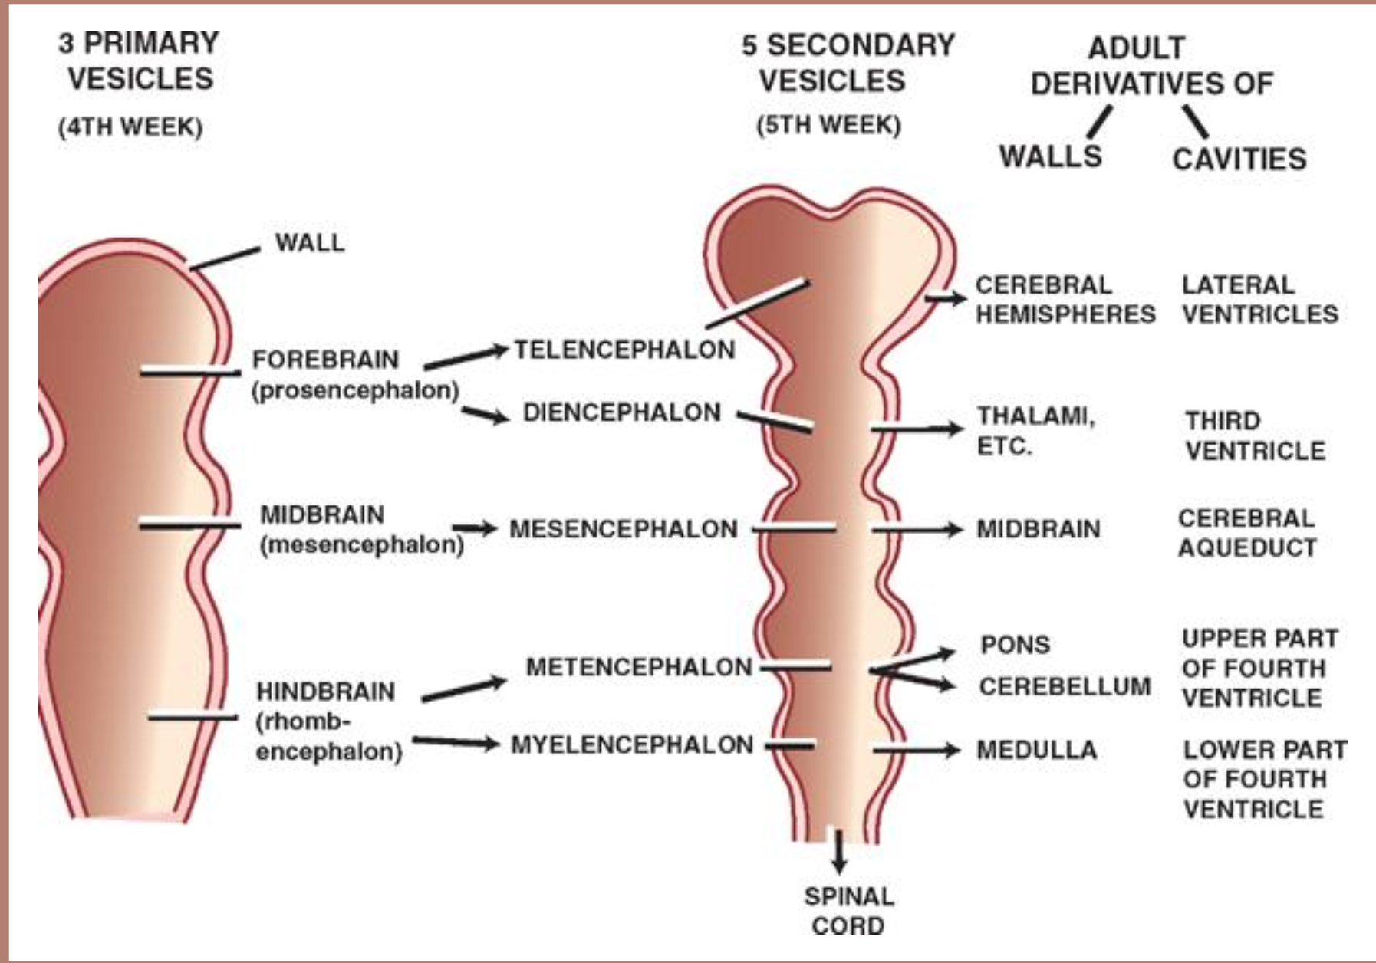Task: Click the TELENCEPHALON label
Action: tap(624, 350)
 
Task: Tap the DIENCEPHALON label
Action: tap(621, 412)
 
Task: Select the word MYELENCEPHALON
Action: tap(632, 744)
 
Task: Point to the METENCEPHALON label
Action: tap(638, 667)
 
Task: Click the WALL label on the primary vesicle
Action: tap(310, 243)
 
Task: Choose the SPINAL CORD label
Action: tap(848, 911)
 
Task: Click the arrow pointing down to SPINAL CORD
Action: tap(839, 851)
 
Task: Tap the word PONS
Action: tap(1015, 645)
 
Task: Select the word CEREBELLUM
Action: tap(1065, 686)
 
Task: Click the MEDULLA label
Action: tap(1036, 750)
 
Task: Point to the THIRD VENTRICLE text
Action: tap(1255, 435)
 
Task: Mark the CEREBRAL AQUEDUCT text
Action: tap(1247, 533)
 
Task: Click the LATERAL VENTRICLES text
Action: tap(1259, 299)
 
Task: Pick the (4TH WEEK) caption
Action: tap(130, 127)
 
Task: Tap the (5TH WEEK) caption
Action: tap(828, 125)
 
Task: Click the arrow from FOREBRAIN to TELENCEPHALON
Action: tap(466, 357)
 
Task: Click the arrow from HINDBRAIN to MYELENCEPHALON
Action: tap(456, 741)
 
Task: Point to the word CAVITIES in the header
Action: tap(1239, 159)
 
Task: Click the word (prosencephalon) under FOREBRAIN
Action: tap(355, 390)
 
